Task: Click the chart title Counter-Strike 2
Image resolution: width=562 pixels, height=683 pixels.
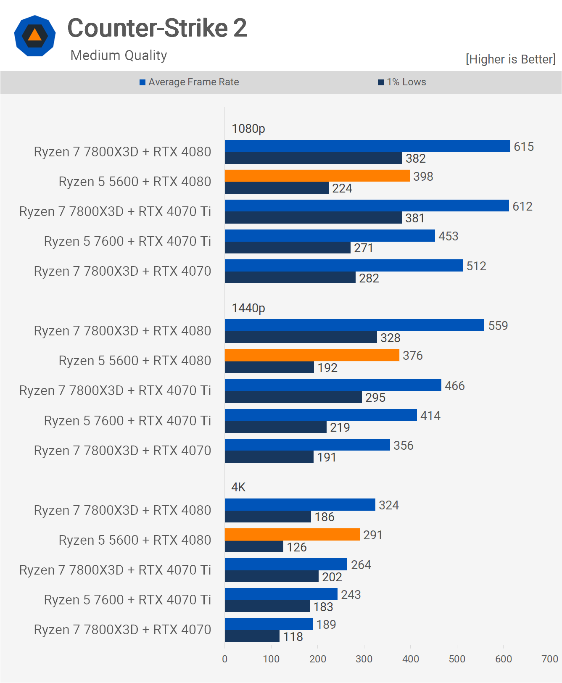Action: click(x=157, y=28)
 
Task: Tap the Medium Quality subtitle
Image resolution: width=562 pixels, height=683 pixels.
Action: click(x=119, y=55)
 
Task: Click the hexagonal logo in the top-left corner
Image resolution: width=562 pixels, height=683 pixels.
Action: click(x=35, y=36)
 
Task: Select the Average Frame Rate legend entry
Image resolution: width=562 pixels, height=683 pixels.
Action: click(x=189, y=82)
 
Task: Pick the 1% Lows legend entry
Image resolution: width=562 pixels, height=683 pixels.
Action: click(x=402, y=82)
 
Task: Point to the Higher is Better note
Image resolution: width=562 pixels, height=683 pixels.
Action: click(x=510, y=59)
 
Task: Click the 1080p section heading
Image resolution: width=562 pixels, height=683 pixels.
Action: click(x=248, y=129)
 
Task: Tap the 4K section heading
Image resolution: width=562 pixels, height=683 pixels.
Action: click(x=238, y=487)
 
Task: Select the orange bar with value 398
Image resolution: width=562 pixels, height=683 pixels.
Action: click(x=317, y=176)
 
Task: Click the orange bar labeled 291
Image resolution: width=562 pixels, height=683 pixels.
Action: click(x=292, y=535)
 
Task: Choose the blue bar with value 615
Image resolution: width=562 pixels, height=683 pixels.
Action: click(x=367, y=146)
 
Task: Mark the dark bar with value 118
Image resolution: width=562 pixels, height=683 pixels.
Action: click(x=252, y=636)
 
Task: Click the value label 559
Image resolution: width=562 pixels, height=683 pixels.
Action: click(x=498, y=326)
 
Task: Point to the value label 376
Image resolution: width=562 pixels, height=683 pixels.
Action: click(x=413, y=356)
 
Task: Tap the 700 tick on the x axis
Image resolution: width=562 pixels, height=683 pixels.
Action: click(x=550, y=659)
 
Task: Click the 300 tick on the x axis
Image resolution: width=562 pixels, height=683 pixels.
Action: click(x=364, y=659)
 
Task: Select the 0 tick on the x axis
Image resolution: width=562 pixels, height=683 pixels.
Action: click(x=225, y=659)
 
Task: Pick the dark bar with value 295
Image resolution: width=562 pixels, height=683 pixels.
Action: click(x=293, y=397)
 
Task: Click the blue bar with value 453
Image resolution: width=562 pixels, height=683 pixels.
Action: click(x=330, y=236)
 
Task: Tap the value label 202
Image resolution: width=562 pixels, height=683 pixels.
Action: click(x=332, y=577)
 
